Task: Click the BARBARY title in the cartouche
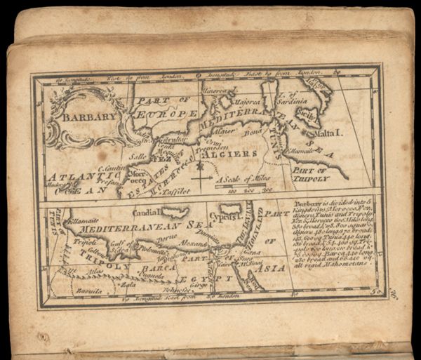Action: click(x=87, y=118)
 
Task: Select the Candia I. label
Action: click(x=147, y=211)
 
